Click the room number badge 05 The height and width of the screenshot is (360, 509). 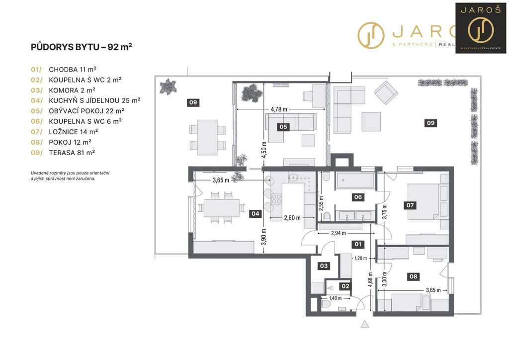[x=283, y=127]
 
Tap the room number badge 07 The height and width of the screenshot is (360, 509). [x=410, y=205]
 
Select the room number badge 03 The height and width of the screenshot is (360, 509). [x=324, y=266]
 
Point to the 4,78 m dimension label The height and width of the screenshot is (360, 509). [x=279, y=109]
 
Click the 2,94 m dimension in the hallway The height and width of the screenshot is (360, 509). [x=338, y=233]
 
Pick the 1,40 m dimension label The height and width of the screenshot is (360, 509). [x=336, y=298]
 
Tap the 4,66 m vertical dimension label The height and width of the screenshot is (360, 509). [x=371, y=280]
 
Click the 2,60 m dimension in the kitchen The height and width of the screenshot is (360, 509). [x=292, y=217]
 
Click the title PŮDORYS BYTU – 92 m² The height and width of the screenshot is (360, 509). [x=82, y=47]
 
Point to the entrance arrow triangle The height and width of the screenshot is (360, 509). [x=364, y=324]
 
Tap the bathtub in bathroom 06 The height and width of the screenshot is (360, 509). [x=355, y=180]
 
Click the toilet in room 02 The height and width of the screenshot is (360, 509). [x=325, y=304]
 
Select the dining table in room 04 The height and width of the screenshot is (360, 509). [x=222, y=208]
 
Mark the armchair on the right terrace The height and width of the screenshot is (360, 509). [x=386, y=92]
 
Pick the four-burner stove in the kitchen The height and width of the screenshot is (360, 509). [x=276, y=198]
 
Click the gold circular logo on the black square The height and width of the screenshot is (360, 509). [x=481, y=29]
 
